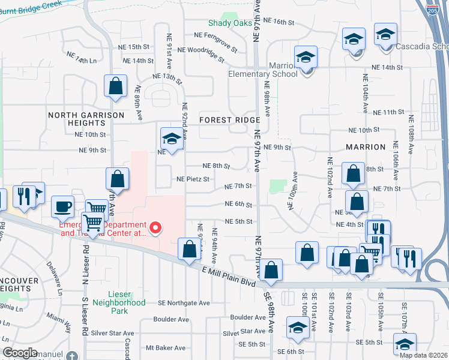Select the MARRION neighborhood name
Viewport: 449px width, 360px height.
pos(365,147)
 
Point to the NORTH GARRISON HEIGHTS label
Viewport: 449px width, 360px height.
pos(86,119)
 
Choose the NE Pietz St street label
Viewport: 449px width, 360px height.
pos(193,179)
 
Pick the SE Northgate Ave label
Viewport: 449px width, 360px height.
pos(184,303)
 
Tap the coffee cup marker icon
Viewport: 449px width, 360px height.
pos(62,206)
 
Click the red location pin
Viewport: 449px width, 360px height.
pos(155,227)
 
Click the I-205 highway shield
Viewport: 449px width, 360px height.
pos(432,9)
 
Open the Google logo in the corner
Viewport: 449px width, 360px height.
pos(20,353)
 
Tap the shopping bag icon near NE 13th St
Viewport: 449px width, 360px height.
pos(115,85)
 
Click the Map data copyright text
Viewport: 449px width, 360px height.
pos(423,355)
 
